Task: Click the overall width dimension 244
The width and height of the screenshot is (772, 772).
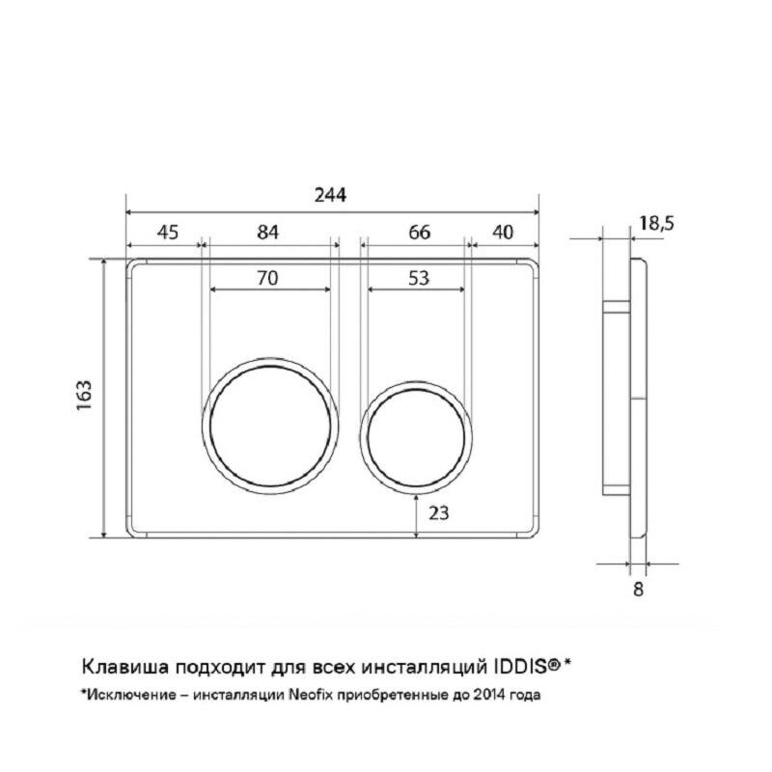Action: (330, 196)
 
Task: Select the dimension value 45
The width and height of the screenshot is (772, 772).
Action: (167, 232)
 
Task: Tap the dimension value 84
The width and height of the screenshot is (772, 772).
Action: (268, 232)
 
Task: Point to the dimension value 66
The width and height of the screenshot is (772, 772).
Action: (420, 232)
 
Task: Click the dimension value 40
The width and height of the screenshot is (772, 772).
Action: (503, 232)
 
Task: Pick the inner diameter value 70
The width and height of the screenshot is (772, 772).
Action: (268, 278)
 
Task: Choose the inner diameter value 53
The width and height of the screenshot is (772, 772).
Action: (419, 278)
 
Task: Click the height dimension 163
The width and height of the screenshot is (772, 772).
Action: (84, 396)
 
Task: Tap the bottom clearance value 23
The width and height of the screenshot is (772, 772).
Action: (439, 513)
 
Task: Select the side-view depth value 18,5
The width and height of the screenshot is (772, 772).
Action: (656, 223)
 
